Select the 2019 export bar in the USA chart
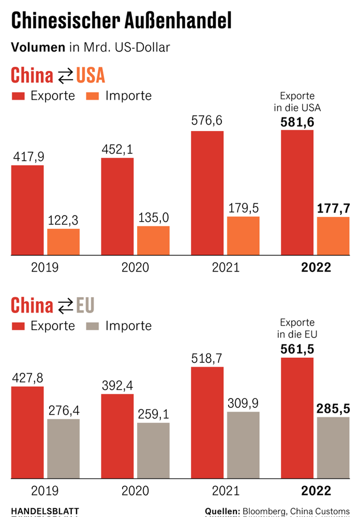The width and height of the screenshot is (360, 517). pos(27,210)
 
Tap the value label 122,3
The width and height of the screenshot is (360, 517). pos(64,219)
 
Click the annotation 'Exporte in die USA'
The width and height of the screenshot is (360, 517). pos(297,102)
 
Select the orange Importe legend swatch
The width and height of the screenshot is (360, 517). pos(93,96)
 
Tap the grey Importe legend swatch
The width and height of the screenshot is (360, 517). pos(93,326)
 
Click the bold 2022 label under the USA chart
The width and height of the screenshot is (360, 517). pos(316,268)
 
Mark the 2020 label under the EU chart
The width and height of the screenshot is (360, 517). pos(135,490)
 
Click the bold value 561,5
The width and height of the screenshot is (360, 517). pos(297,349)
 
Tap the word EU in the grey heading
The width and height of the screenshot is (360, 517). pos(85,306)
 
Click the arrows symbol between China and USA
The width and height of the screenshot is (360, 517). pos(65,77)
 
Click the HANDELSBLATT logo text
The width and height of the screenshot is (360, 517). pos(44,511)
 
